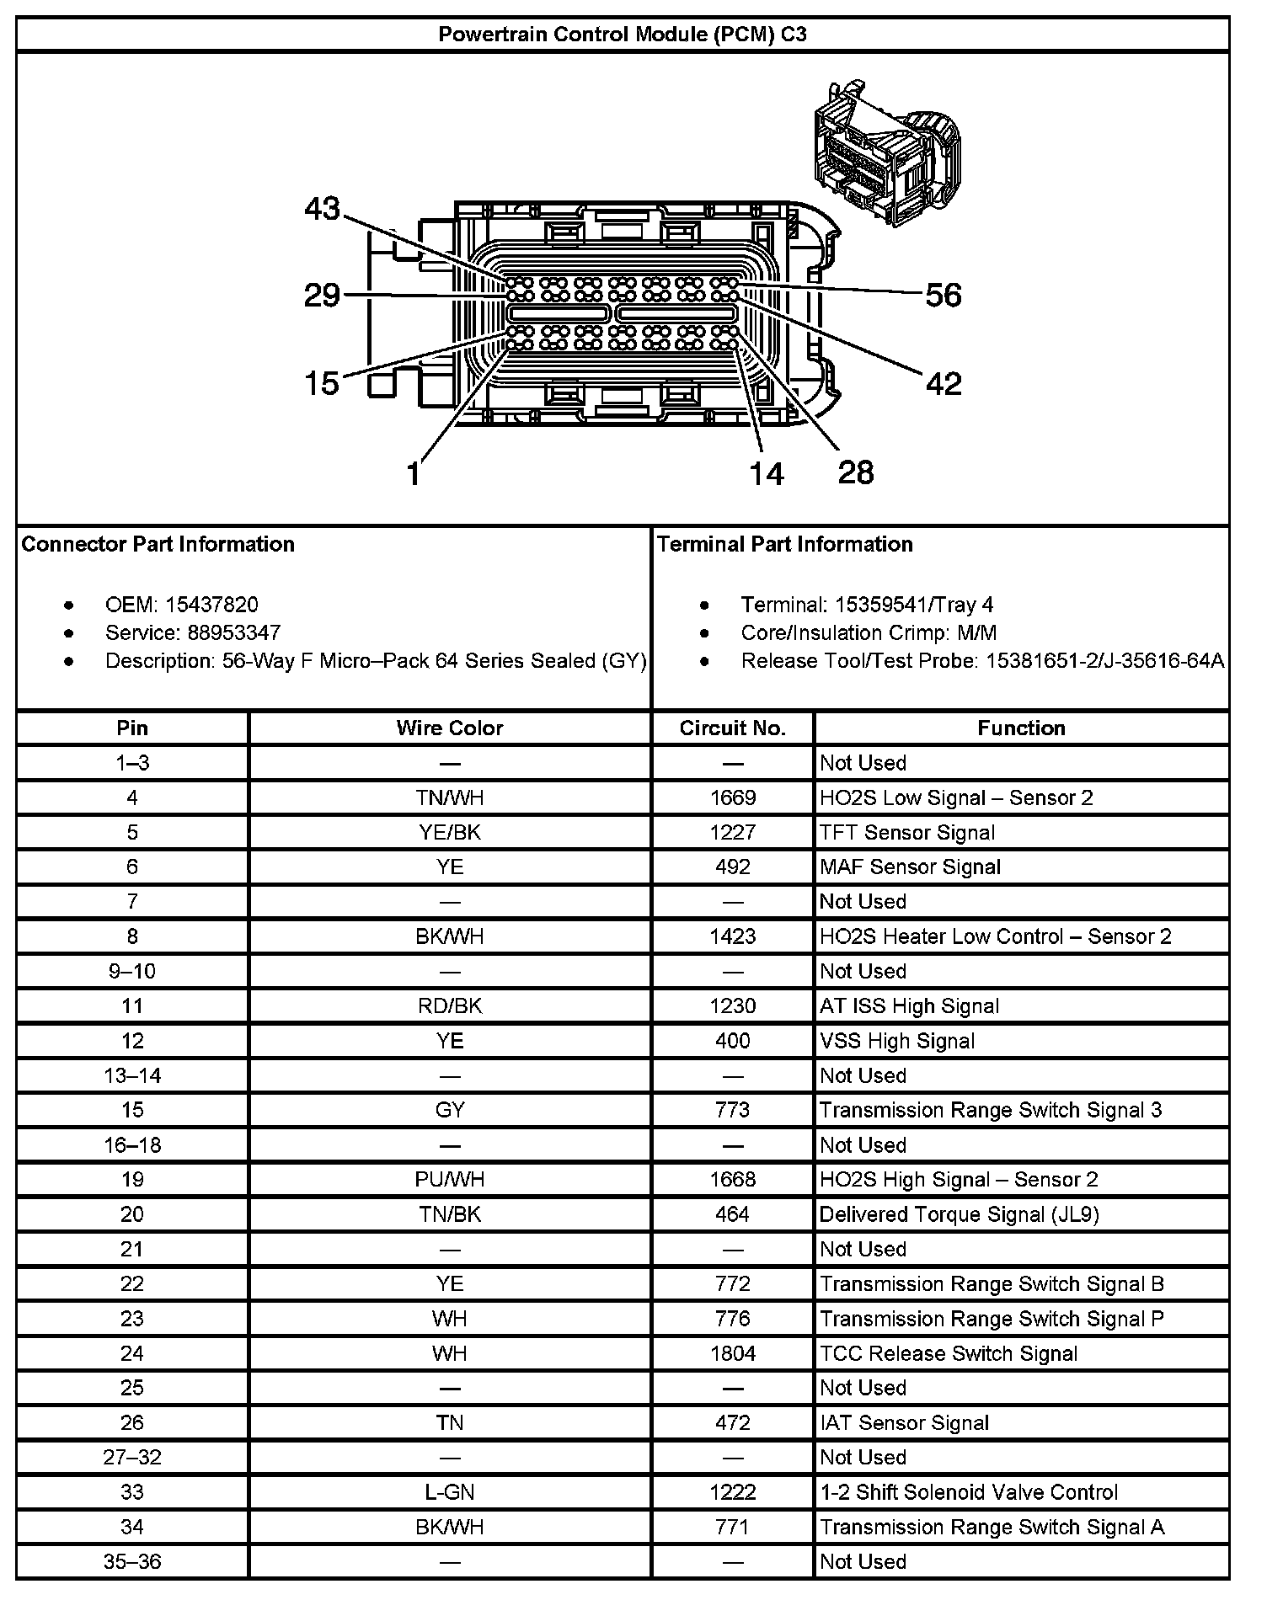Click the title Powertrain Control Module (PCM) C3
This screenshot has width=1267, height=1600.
(x=622, y=35)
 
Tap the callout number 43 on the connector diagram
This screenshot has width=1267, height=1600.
(x=322, y=209)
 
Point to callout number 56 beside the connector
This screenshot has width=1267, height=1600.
(x=943, y=295)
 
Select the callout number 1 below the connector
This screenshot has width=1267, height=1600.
(x=413, y=474)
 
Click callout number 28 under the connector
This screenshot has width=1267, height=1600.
(x=856, y=472)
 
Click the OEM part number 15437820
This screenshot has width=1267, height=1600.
(x=211, y=605)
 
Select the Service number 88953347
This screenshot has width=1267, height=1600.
(x=222, y=632)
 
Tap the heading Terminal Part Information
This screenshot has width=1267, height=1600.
(x=784, y=544)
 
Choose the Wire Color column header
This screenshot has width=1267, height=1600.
(x=450, y=728)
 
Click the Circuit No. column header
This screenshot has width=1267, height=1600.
(x=732, y=728)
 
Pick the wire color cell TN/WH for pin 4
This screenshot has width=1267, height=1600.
(x=450, y=797)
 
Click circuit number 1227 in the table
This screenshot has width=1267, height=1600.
(x=732, y=833)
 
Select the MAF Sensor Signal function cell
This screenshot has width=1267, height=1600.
(x=910, y=867)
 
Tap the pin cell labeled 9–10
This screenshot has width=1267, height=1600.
(x=132, y=971)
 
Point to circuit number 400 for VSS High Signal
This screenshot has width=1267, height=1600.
(x=732, y=1041)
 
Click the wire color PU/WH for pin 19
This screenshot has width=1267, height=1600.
(x=450, y=1180)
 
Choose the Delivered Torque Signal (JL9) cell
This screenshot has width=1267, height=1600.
(x=959, y=1214)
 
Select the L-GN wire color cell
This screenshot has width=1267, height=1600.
(x=450, y=1492)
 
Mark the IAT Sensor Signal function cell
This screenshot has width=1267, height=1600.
(x=904, y=1423)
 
